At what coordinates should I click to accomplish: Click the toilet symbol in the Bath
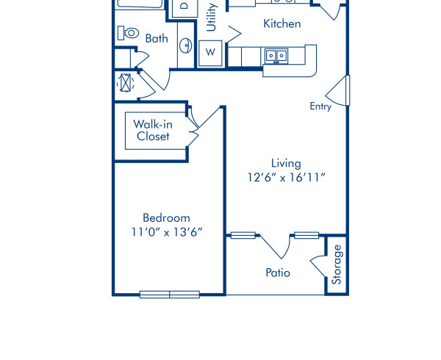(129, 33)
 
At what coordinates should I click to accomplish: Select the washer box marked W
(210, 53)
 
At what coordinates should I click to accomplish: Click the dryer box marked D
(184, 7)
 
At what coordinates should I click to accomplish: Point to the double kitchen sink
(277, 55)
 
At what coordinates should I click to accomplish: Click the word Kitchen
(282, 24)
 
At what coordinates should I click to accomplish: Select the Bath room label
(157, 38)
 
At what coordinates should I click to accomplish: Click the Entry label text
(320, 107)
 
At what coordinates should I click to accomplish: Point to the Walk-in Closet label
(153, 130)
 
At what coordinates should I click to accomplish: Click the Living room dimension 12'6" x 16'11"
(286, 177)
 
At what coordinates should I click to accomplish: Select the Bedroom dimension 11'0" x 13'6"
(166, 231)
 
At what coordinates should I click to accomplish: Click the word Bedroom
(166, 217)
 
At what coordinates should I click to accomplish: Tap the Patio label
(278, 273)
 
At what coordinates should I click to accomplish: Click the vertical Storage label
(337, 264)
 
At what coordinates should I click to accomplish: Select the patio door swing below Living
(276, 246)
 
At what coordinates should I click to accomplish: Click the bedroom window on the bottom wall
(170, 295)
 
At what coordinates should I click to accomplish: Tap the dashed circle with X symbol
(125, 82)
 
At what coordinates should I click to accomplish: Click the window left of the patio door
(243, 235)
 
